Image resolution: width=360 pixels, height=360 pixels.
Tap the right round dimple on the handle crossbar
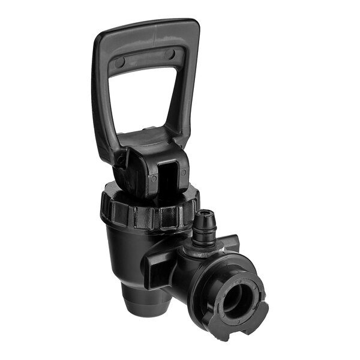point(170,55)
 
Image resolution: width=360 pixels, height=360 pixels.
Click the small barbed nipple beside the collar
point(203,227)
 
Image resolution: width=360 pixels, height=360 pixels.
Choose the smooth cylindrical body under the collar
point(129,252)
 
